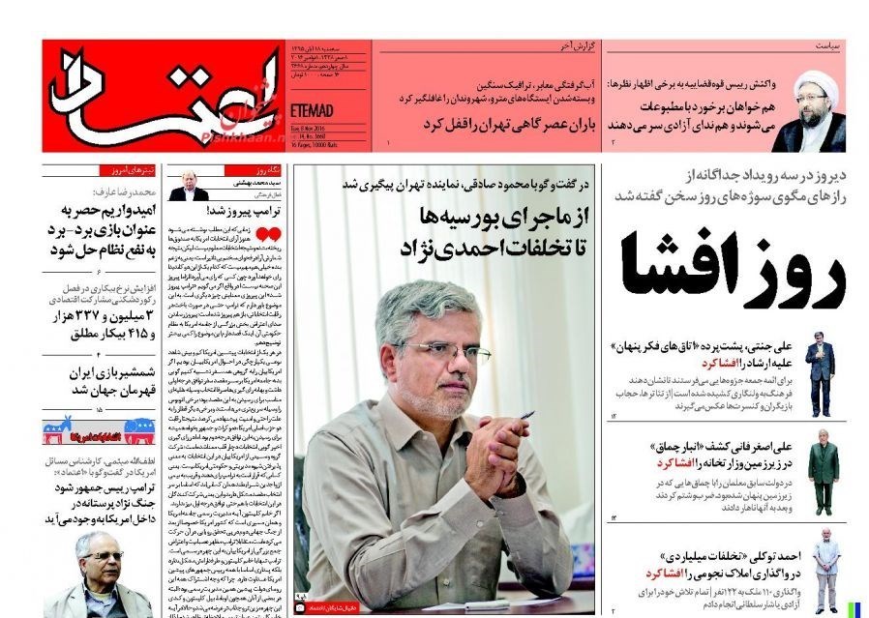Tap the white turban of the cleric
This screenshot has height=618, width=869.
(x=814, y=85)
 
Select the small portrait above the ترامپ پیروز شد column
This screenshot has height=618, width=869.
(x=188, y=185)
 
